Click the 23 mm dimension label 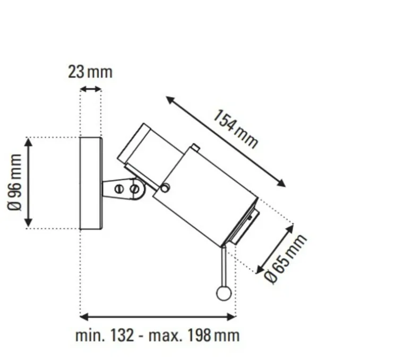(x=90, y=72)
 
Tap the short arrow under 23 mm (x=90, y=89)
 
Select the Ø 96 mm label (x=16, y=182)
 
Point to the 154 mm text (x=236, y=129)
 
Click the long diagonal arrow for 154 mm (x=226, y=142)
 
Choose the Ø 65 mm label (x=286, y=259)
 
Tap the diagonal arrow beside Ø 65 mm (x=274, y=248)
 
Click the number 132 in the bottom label (x=122, y=336)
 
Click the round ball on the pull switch (x=224, y=293)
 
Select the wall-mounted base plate (x=90, y=183)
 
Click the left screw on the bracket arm (x=119, y=188)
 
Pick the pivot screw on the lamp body (x=165, y=188)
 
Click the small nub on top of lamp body (x=195, y=148)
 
